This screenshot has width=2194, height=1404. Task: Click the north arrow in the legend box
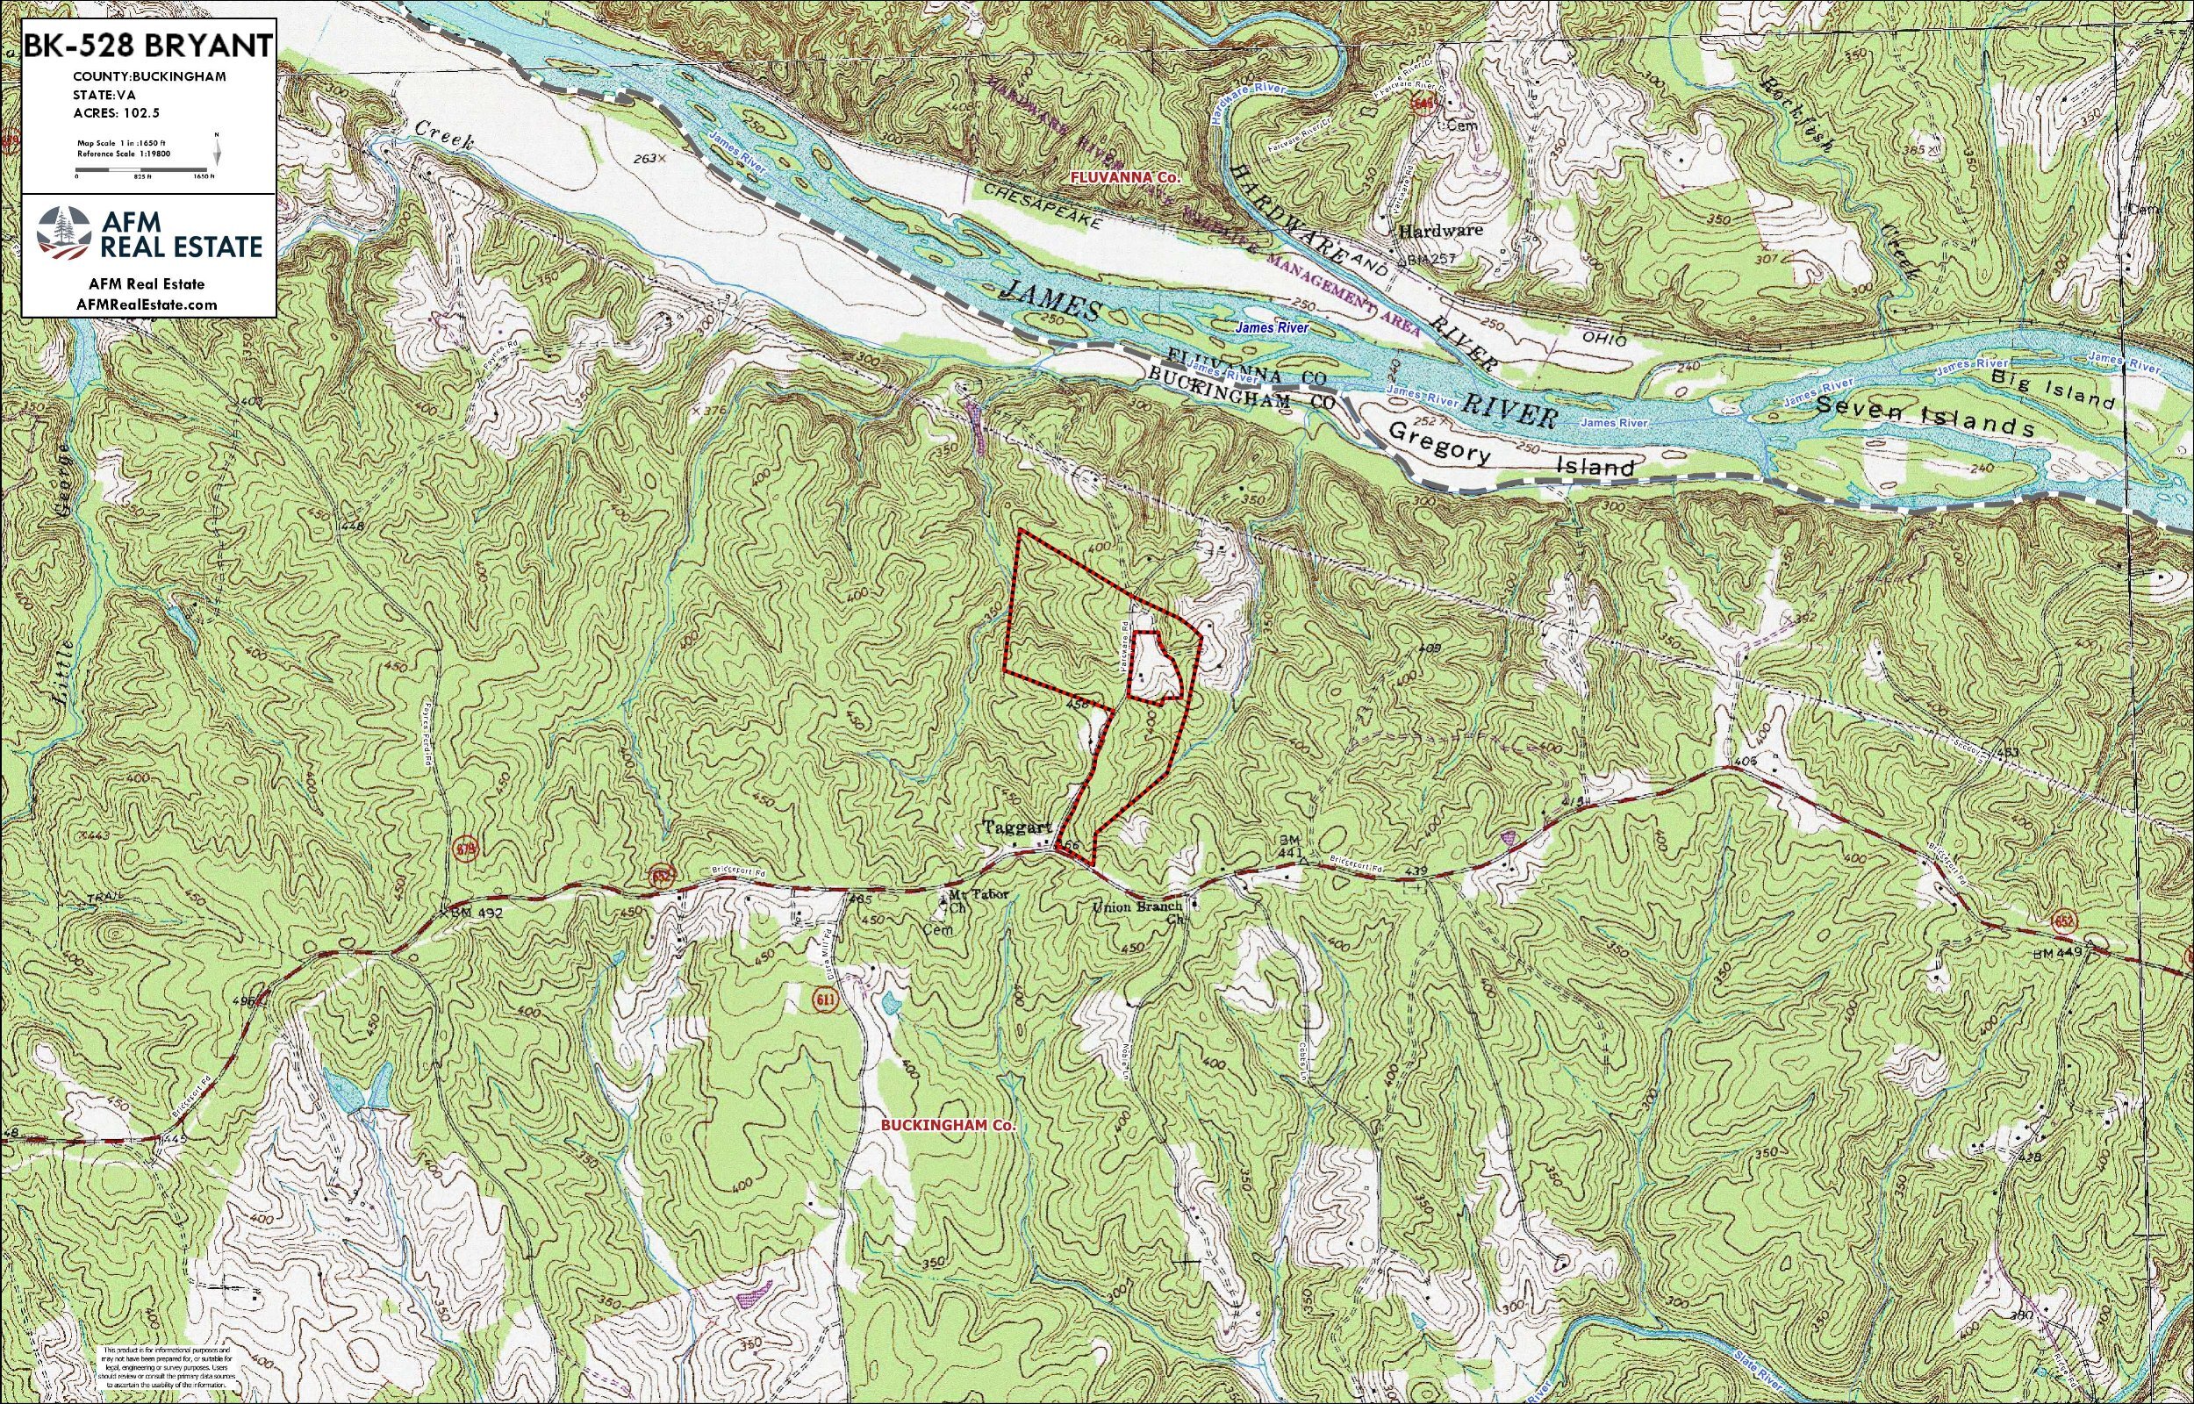point(217,148)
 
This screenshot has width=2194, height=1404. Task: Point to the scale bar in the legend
point(145,169)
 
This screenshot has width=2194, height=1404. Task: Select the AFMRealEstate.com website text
point(148,304)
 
